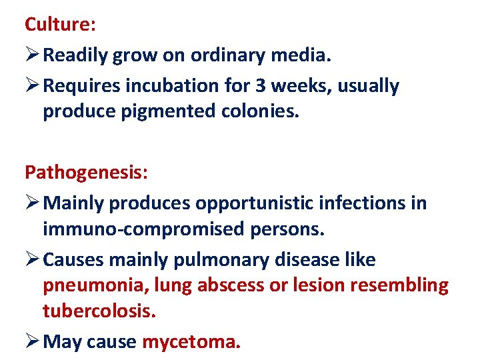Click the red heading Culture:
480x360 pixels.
click(x=61, y=25)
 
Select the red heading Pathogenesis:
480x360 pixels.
click(x=87, y=173)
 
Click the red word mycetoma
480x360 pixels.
click(x=191, y=343)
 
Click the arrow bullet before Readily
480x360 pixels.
click(x=32, y=56)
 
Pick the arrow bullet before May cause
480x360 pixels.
click(x=32, y=342)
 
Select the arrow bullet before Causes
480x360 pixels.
click(x=32, y=259)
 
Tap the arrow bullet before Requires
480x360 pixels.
click(x=32, y=86)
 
